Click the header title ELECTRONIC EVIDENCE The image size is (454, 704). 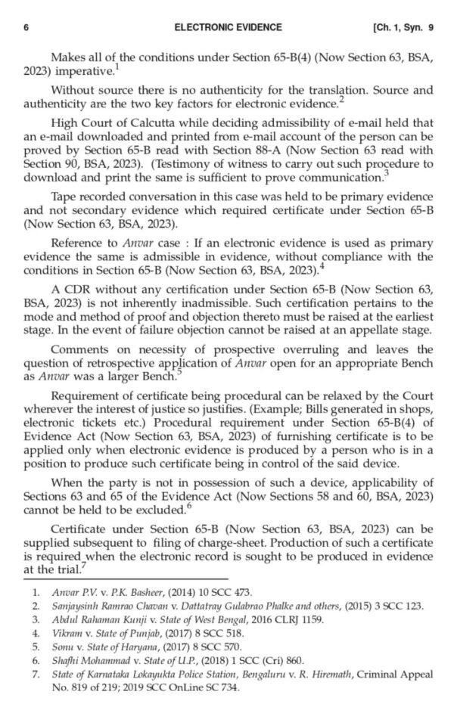click(x=228, y=27)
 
